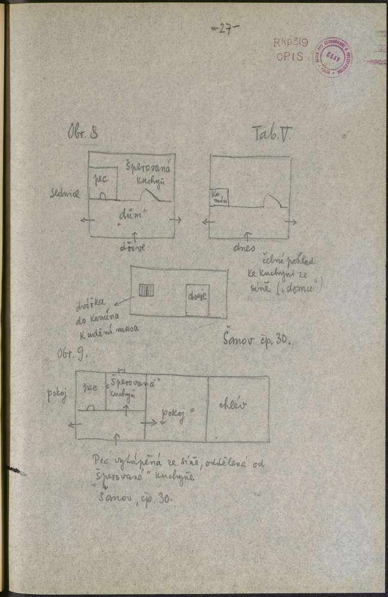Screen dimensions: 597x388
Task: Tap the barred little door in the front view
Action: click(x=146, y=291)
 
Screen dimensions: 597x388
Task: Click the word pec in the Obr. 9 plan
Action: click(x=90, y=386)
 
